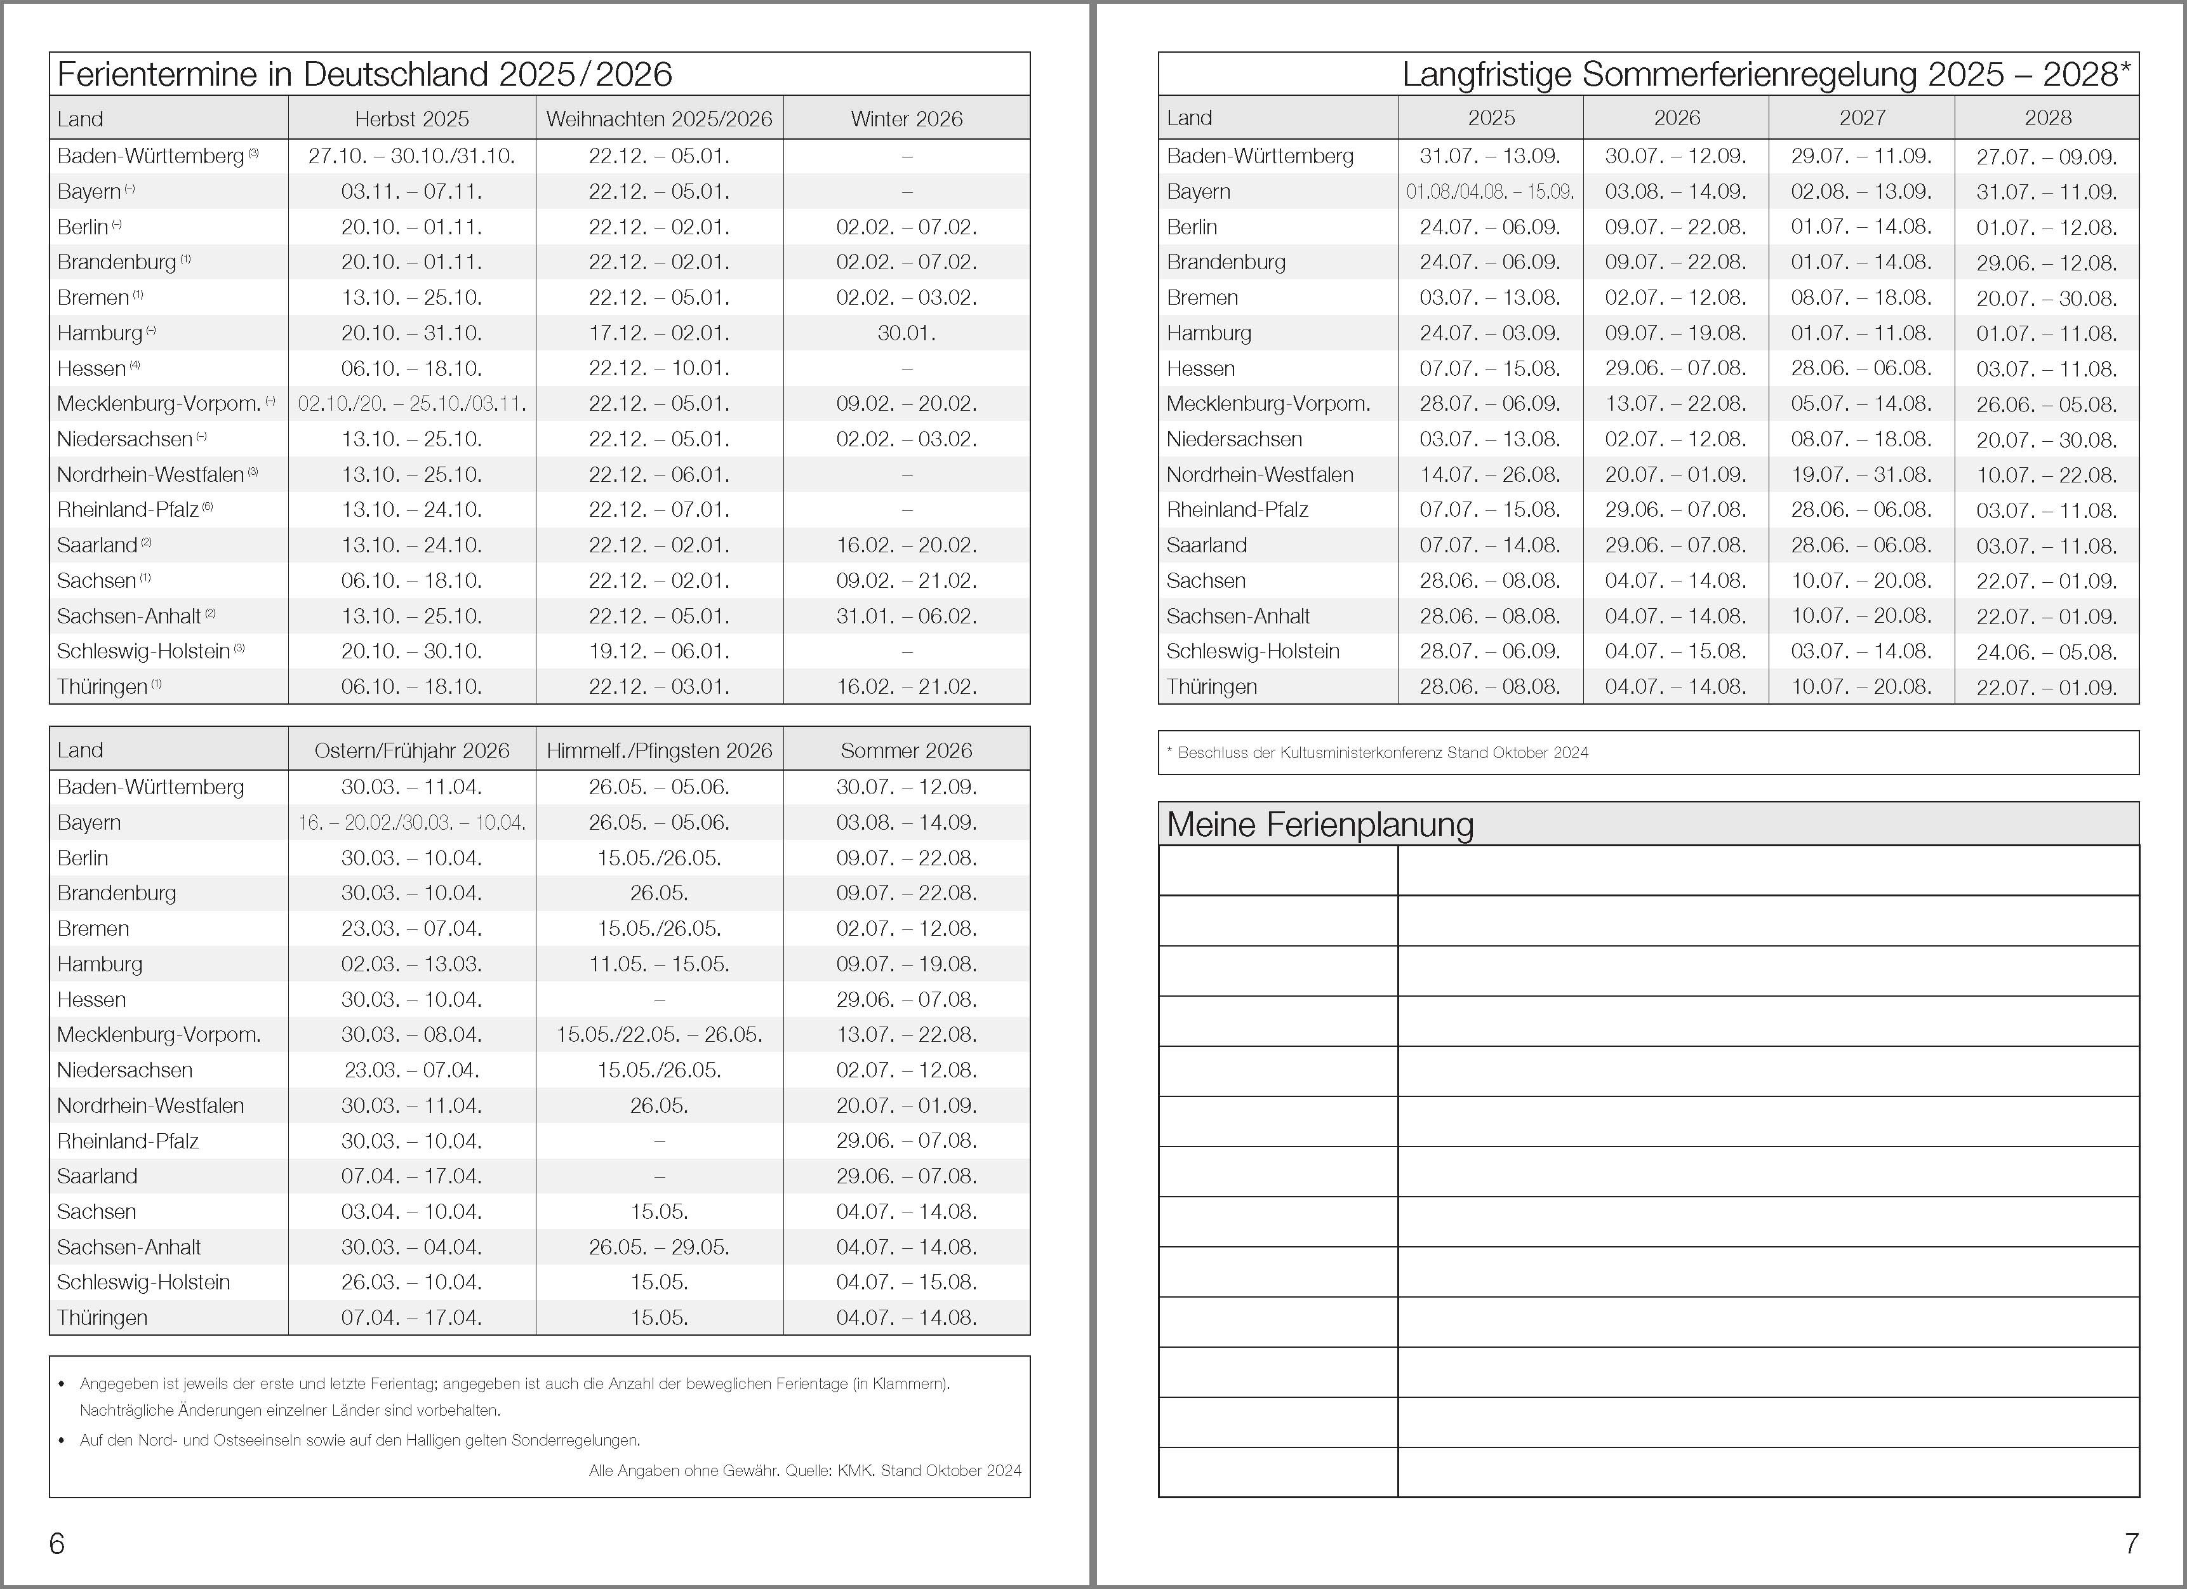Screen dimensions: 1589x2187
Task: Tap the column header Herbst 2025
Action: pos(412,119)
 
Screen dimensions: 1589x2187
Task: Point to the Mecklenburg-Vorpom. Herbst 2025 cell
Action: pos(412,404)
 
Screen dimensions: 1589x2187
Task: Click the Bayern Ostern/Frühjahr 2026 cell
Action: pos(412,823)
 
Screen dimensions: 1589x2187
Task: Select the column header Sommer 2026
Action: pos(907,751)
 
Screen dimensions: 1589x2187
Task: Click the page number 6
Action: pos(57,1544)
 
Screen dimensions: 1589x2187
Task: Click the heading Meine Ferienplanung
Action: pos(1320,825)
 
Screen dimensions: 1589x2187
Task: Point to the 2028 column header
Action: pos(2047,117)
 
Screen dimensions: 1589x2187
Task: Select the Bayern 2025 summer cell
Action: pos(1490,192)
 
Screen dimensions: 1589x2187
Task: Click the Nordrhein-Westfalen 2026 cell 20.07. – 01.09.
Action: pos(1676,474)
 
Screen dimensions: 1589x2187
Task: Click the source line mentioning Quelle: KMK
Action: pos(805,1470)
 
